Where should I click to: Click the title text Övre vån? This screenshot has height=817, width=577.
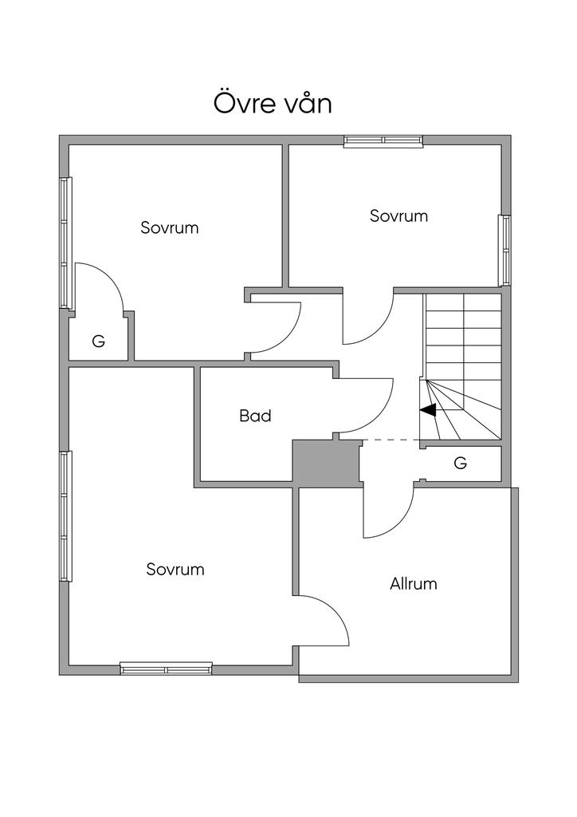[273, 104]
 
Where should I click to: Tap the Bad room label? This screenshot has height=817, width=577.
[255, 416]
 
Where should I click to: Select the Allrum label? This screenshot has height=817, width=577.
[413, 583]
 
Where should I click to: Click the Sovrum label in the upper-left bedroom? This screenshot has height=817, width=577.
[169, 227]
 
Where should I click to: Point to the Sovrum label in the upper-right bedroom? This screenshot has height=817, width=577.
[398, 215]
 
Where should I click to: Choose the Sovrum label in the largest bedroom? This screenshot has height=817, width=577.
[175, 570]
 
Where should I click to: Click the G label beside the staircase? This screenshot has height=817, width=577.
[460, 463]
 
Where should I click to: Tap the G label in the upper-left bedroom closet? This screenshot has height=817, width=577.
[98, 341]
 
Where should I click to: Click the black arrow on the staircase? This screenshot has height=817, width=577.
[428, 410]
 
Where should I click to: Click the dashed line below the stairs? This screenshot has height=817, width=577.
[391, 440]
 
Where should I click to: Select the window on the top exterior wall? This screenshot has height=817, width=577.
[383, 141]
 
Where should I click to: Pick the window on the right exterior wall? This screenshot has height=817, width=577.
[504, 250]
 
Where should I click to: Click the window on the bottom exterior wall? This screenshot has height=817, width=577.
[166, 669]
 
